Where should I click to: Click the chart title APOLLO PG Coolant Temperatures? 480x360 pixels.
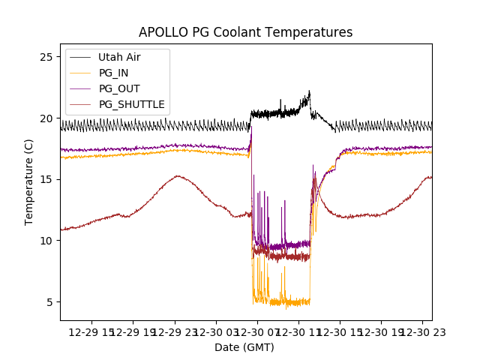pyautogui.click(x=245, y=32)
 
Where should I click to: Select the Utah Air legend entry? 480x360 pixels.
pyautogui.click(x=119, y=57)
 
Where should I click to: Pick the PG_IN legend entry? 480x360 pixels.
pyautogui.click(x=114, y=73)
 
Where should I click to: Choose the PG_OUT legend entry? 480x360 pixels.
pyautogui.click(x=118, y=88)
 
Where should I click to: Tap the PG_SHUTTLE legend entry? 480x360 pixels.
pyautogui.click(x=131, y=104)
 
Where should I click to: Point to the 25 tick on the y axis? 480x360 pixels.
pyautogui.click(x=46, y=57)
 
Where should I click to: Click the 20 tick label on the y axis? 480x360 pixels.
pyautogui.click(x=46, y=118)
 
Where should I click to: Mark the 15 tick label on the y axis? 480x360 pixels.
pyautogui.click(x=46, y=179)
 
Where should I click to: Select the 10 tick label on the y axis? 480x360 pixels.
pyautogui.click(x=46, y=241)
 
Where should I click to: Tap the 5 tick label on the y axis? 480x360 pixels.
pyautogui.click(x=49, y=302)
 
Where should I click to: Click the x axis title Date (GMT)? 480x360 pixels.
pyautogui.click(x=244, y=347)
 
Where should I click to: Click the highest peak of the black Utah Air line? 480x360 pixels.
pyautogui.click(x=309, y=91)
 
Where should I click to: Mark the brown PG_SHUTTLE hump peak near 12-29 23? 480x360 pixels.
pyautogui.click(x=177, y=176)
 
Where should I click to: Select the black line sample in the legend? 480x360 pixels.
pyautogui.click(x=82, y=57)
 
